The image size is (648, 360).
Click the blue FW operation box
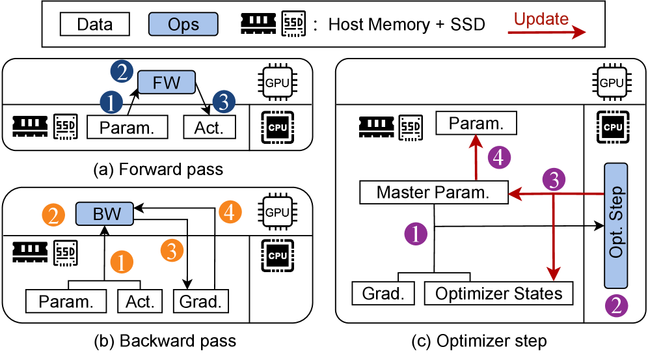(x=166, y=83)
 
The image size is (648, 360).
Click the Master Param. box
(x=433, y=193)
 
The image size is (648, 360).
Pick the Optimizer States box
(x=499, y=293)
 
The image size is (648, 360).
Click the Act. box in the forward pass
(x=208, y=127)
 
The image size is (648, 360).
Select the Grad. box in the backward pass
(x=201, y=302)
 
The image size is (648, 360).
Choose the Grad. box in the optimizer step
(x=383, y=293)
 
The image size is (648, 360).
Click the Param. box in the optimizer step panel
(x=476, y=122)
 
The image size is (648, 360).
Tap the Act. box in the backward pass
(x=141, y=302)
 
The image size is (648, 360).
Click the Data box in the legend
(x=94, y=25)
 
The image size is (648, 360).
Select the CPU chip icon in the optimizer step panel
(x=612, y=127)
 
